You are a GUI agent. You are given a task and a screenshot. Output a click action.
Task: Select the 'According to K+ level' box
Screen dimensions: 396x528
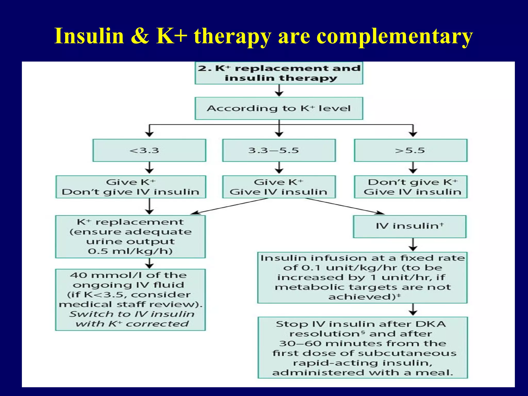coord(279,108)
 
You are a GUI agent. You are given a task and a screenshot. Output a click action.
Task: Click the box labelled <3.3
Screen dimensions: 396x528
coord(149,150)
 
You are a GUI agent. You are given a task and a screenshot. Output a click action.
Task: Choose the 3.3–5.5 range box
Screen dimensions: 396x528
coord(279,150)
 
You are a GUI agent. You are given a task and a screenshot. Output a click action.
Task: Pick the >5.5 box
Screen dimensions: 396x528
coord(410,150)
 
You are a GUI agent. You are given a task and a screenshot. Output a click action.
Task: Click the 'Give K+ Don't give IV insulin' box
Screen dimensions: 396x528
coord(131,187)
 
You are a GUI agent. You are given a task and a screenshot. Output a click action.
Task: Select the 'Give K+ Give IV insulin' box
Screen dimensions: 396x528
coord(279,187)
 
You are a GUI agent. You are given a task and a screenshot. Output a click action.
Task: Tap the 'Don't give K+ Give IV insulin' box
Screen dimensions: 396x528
coord(410,187)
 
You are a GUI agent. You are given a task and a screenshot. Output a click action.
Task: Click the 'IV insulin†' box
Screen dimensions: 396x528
coord(409,226)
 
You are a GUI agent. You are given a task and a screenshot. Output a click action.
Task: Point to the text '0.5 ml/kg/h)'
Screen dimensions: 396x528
coord(130,251)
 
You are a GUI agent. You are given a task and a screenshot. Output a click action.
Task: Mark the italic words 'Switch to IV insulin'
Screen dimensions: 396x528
coord(131,314)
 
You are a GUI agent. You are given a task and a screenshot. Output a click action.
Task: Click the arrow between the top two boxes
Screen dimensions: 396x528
coord(279,90)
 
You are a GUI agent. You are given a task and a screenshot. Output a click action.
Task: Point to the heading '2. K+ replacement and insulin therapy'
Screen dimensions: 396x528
coord(279,73)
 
